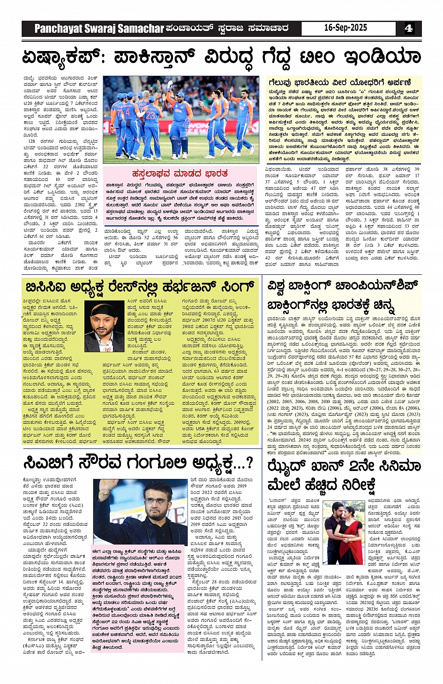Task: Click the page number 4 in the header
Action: click(x=408, y=28)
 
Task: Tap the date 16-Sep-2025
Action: click(x=345, y=28)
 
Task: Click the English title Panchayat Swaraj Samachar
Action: click(x=99, y=29)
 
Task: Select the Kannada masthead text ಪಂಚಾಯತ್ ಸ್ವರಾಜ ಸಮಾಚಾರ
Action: click(x=227, y=29)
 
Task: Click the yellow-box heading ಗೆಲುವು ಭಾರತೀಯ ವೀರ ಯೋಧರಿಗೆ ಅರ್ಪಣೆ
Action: click(x=340, y=82)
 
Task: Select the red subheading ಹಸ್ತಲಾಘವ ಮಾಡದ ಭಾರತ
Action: click(x=180, y=173)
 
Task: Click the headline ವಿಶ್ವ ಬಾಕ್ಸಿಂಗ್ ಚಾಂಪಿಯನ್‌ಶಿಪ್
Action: click(x=343, y=286)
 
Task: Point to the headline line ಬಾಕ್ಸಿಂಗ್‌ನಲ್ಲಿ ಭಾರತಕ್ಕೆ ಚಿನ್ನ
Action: click(x=331, y=305)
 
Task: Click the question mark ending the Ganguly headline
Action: click(x=249, y=463)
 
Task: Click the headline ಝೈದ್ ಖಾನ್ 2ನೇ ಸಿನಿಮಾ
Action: click(x=344, y=466)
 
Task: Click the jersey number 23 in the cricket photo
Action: click(x=151, y=115)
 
